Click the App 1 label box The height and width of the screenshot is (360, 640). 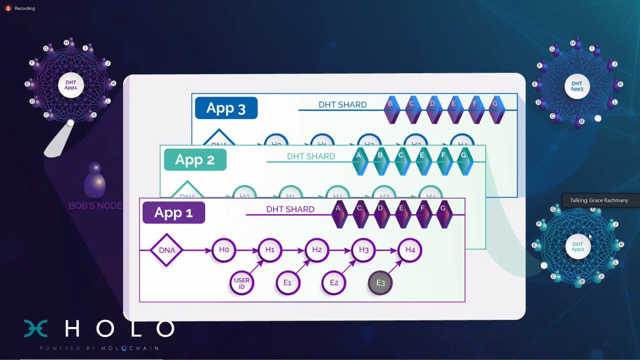pyautogui.click(x=173, y=212)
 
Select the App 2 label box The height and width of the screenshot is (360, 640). pyautogui.click(x=195, y=160)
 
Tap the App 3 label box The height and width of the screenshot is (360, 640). pyautogui.click(x=226, y=108)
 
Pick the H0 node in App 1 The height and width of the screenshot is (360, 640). pyautogui.click(x=223, y=250)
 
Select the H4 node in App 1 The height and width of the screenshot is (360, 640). pyautogui.click(x=410, y=250)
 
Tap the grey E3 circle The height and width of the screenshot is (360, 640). pyautogui.click(x=380, y=283)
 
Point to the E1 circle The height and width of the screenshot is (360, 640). pyautogui.click(x=287, y=283)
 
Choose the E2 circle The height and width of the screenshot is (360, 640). pyautogui.click(x=334, y=283)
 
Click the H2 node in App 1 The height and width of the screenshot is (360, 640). pyautogui.click(x=317, y=250)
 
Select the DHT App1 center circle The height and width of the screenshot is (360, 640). pyautogui.click(x=70, y=85)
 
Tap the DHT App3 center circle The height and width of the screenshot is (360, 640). pyautogui.click(x=577, y=86)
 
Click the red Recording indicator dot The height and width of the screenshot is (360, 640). pyautogui.click(x=8, y=8)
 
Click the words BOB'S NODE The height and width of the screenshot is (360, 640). pyautogui.click(x=95, y=205)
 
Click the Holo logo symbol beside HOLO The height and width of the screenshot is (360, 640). pyautogui.click(x=36, y=328)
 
